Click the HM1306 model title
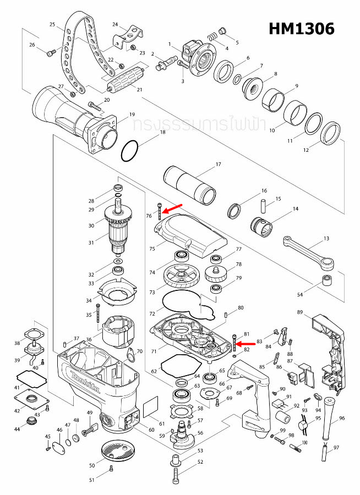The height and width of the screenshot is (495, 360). pyautogui.click(x=301, y=29)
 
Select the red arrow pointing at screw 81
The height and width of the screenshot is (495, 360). pyautogui.click(x=246, y=344)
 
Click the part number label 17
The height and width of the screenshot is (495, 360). pyautogui.click(x=218, y=164)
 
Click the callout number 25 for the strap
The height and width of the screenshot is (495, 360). pyautogui.click(x=52, y=24)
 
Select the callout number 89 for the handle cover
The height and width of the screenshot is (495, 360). pyautogui.click(x=299, y=312)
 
